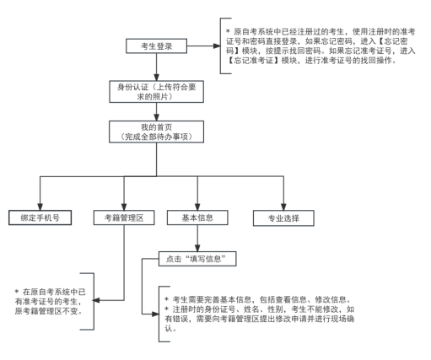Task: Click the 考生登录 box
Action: click(156, 46)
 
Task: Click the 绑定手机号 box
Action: click(40, 217)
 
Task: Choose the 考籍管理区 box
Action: click(124, 217)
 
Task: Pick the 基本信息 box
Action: click(197, 217)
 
